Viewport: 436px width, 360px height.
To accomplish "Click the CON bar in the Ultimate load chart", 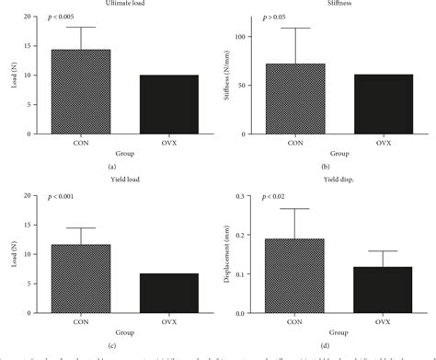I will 81,92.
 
